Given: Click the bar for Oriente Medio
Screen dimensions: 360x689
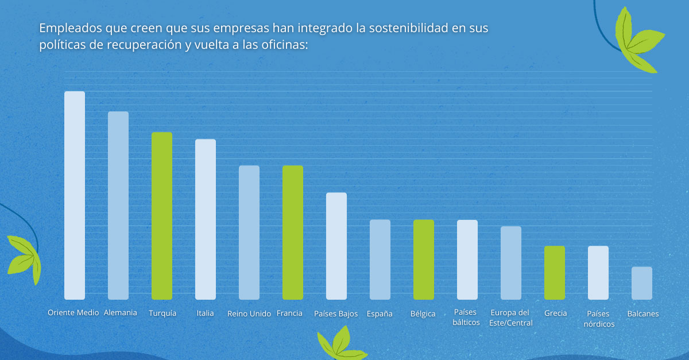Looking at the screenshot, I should coord(75,195).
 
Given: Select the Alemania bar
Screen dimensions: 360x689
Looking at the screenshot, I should coord(118,206).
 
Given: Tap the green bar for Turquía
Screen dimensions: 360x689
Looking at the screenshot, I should coord(162,216).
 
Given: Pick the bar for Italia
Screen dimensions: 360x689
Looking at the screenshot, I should coord(206,219).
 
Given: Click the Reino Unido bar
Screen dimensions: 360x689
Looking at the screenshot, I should coord(249,233).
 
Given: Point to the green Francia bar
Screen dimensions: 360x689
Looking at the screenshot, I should coord(293,233).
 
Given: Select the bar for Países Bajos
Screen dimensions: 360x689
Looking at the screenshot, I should coord(336,246).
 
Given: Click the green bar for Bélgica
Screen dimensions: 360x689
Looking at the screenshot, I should coord(424,260).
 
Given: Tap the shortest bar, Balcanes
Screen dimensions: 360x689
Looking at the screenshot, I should coord(642,283).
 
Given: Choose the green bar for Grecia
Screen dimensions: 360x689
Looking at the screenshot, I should coord(555,273).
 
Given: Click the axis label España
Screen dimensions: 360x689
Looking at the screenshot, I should coord(380,314).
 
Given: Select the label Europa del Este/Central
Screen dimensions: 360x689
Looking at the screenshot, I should coord(511,318).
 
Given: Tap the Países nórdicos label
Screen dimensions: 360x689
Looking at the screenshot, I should coord(599,319).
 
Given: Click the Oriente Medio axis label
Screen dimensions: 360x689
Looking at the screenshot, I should coord(73,313).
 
